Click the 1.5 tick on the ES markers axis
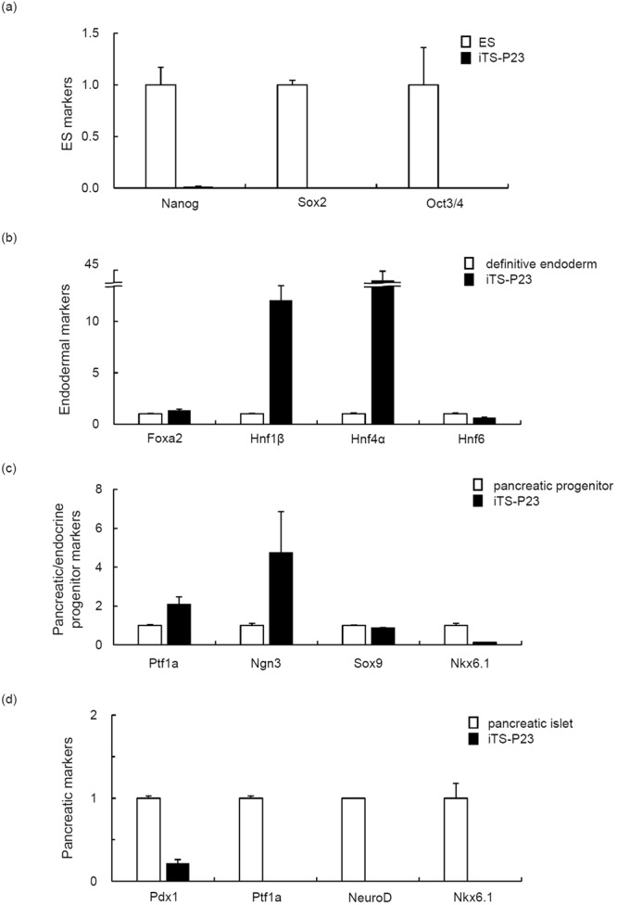[91, 33]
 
